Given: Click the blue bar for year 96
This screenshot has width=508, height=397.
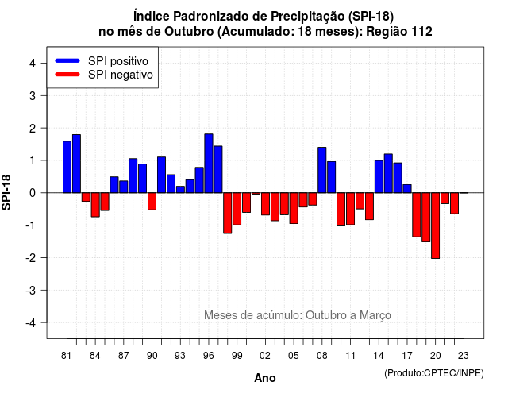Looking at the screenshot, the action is (x=209, y=164).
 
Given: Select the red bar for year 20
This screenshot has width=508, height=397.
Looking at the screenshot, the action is (x=436, y=225).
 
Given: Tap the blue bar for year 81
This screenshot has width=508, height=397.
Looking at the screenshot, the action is (x=67, y=167).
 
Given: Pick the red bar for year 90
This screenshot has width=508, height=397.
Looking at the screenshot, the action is (x=152, y=201).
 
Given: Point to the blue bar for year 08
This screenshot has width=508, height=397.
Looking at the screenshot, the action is (x=322, y=170).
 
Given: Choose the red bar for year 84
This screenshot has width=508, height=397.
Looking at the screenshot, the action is (x=95, y=205).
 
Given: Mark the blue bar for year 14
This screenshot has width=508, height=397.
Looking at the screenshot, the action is (x=379, y=176).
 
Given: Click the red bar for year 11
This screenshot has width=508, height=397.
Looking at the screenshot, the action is (x=351, y=209).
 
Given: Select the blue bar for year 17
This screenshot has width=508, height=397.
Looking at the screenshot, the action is (x=407, y=189).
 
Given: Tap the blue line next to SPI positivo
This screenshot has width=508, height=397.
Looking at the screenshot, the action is (x=67, y=60).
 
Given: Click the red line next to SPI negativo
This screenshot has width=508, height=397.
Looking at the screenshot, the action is (x=67, y=74).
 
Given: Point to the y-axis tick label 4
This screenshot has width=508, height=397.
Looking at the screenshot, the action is (x=33, y=64).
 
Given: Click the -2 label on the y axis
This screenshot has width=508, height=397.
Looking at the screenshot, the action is (x=31, y=258).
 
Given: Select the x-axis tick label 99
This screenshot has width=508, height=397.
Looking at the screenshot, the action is (x=237, y=356).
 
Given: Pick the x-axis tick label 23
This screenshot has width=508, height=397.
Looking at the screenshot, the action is (x=464, y=356).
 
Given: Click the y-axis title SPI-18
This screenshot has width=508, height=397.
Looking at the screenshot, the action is (x=6, y=192).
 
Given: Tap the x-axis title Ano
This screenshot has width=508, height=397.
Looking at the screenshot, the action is (x=265, y=378).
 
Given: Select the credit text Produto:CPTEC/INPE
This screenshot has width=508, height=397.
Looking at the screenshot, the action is (x=434, y=373).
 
